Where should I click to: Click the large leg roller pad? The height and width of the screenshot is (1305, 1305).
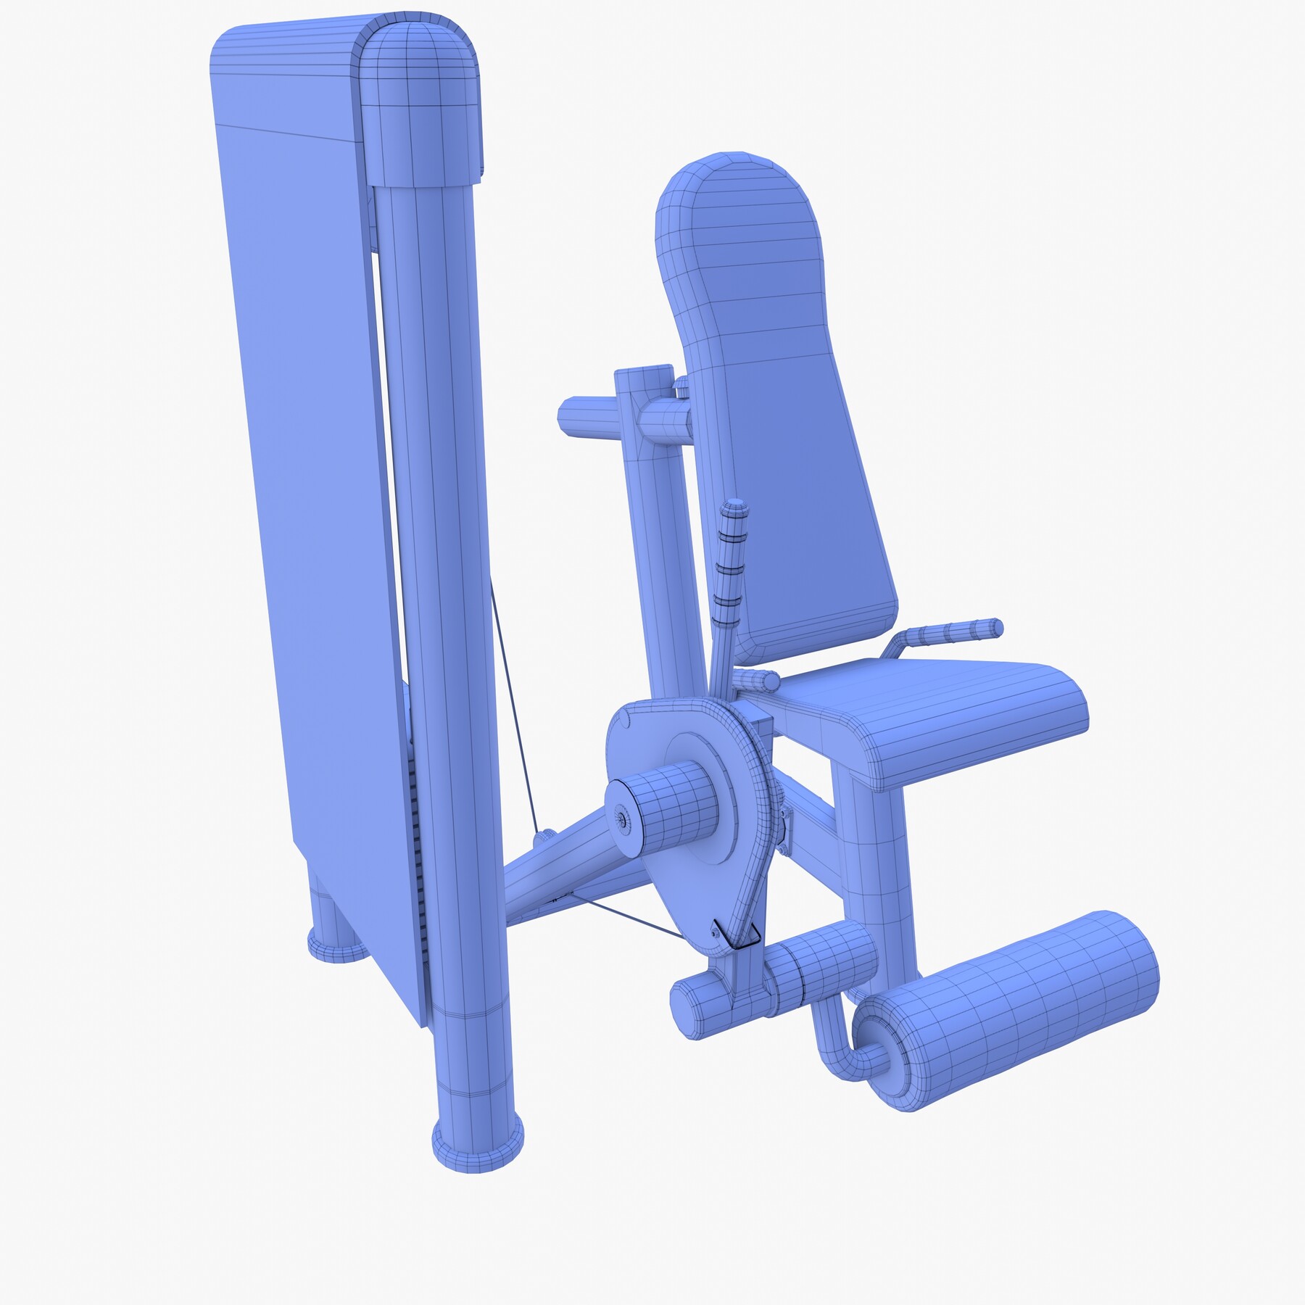click(1015, 1008)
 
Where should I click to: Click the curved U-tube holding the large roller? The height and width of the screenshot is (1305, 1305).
click(834, 1044)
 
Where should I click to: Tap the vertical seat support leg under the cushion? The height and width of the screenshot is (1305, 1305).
click(874, 870)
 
